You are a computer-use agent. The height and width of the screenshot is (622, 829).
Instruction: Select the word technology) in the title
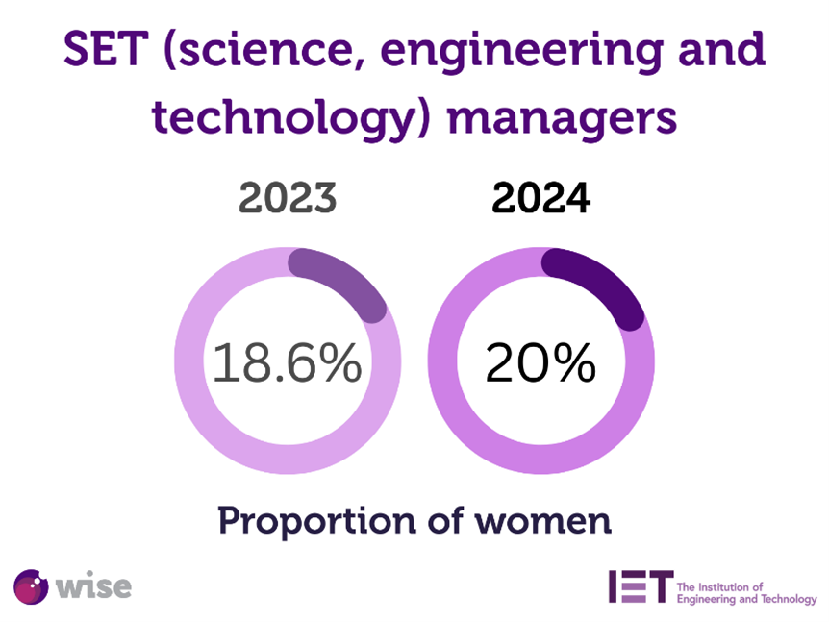289,119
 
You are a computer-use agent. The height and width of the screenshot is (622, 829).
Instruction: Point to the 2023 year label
288,199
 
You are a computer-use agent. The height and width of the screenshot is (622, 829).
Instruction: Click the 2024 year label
540,199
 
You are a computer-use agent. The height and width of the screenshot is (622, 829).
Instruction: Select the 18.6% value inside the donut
287,363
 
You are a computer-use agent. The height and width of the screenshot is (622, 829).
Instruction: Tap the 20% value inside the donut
540,363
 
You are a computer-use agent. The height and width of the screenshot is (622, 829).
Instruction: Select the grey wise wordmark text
94,585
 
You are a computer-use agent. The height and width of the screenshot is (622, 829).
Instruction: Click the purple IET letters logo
640,586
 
